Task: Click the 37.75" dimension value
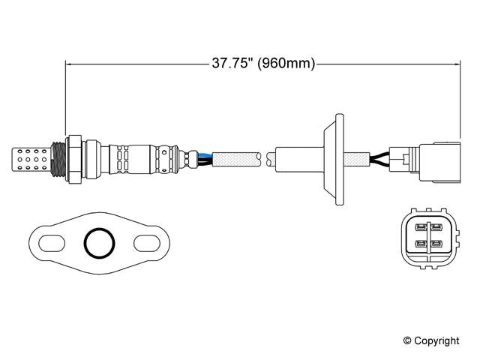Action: point(229,64)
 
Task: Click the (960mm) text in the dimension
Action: point(286,64)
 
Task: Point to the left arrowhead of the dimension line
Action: point(70,64)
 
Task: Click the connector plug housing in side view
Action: point(435,158)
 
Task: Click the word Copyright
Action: point(439,341)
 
